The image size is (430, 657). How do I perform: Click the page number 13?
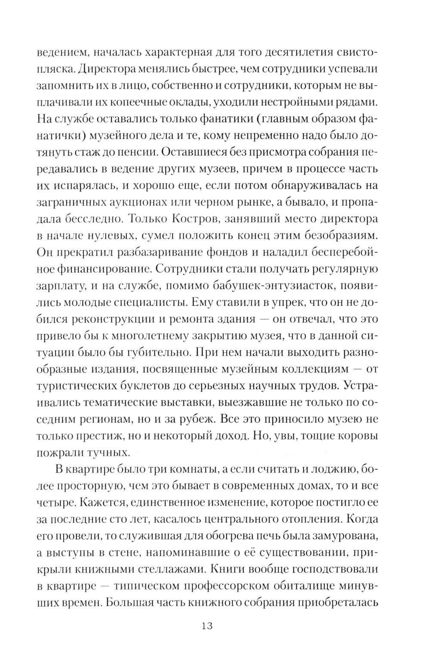[x=206, y=625]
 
